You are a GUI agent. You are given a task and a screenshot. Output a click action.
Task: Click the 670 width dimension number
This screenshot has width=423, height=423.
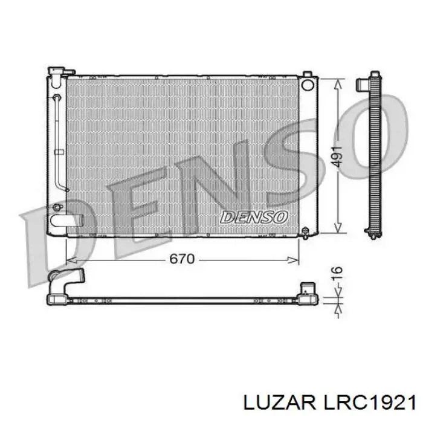click(181, 259)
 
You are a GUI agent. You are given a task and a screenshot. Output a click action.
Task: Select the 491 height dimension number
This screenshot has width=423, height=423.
click(338, 156)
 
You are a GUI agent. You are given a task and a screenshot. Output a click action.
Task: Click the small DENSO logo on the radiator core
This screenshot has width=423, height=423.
click(254, 216)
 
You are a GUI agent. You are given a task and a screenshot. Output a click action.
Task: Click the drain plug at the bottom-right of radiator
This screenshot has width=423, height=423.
click(305, 231)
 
